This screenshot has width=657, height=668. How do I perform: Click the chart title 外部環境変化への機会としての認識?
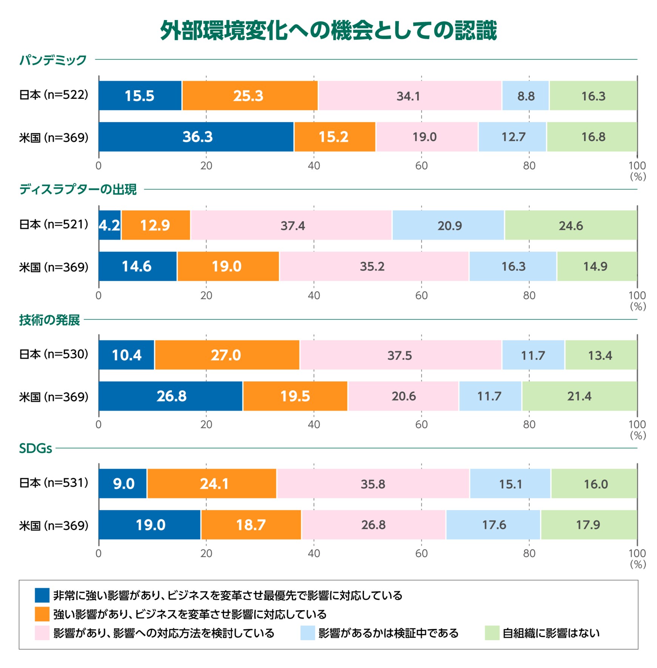coord(328,30)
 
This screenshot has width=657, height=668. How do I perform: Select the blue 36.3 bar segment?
coord(196,137)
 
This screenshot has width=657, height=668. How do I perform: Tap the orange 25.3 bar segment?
coord(250,95)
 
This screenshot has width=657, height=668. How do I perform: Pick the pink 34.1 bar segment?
coord(410,95)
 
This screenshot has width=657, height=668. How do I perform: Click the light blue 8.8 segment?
coord(525,95)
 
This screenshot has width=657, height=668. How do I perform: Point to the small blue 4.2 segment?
coord(109,225)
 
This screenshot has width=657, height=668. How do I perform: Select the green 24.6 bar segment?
coord(571,225)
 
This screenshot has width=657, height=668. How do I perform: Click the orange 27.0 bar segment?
coord(227,355)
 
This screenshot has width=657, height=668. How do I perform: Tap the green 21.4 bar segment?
coord(579,396)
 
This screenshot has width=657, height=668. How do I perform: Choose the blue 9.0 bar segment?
coord(123,483)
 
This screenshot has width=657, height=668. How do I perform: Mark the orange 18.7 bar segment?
coord(251,525)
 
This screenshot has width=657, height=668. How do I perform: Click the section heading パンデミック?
coord(53,60)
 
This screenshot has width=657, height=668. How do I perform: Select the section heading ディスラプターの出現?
coord(78,189)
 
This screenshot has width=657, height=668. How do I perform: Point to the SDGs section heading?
coord(35,448)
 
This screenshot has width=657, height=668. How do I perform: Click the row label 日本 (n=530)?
coord(54,354)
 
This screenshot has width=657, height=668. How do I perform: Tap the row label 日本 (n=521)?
coord(54,225)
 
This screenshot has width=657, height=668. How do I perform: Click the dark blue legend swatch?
coord(42,595)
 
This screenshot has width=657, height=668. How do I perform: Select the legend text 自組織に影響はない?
coord(551,633)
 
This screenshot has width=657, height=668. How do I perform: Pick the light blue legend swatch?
coord(307,633)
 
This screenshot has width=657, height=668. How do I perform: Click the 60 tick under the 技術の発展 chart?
coord(421,425)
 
